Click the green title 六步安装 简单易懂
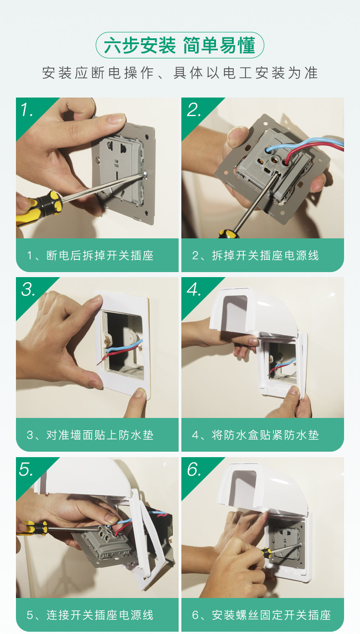tap(180, 45)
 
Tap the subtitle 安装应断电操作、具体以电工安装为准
tap(180, 73)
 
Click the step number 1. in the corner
tap(26, 110)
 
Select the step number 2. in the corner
tap(194, 110)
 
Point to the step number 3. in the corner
tap(28, 289)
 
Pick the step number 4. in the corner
tap(194, 289)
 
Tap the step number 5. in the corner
tap(26, 469)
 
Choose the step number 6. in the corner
tap(194, 469)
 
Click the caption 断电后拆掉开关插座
tap(100, 256)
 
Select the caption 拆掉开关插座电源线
tap(265, 256)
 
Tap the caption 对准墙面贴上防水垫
tap(100, 435)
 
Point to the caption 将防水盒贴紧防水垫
tap(265, 435)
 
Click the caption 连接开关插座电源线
tap(100, 615)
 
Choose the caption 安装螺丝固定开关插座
tap(271, 615)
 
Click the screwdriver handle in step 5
tap(32, 528)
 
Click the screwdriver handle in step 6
tap(266, 552)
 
